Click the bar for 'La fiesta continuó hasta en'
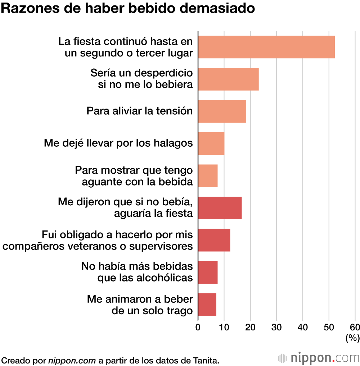266,47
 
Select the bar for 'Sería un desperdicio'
228,79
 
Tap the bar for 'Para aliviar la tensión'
222,111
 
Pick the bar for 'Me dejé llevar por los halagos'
211,143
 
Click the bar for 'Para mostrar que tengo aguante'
208,175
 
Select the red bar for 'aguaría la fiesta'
220,208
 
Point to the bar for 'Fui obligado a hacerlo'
214,240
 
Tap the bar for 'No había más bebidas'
208,272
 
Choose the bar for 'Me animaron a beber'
207,304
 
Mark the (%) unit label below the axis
352,338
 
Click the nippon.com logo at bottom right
319,358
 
